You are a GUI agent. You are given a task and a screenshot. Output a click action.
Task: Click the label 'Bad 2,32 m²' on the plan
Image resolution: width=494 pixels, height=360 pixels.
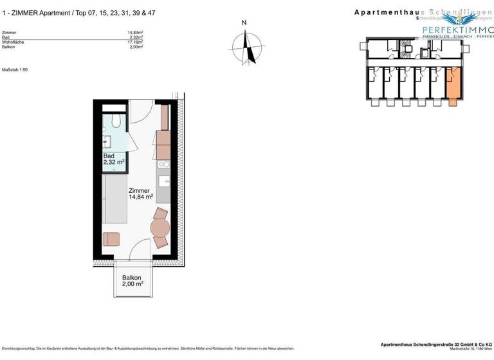pos(113,159)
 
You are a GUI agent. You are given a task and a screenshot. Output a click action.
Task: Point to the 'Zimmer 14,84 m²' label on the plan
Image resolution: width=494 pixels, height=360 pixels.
pos(140,194)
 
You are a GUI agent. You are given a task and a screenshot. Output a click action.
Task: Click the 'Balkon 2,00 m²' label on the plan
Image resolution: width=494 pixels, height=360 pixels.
pos(132,280)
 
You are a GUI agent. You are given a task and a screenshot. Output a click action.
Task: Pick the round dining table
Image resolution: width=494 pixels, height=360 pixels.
pos(160,228)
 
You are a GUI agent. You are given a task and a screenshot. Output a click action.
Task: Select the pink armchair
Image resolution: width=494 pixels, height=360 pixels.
pos(111,239)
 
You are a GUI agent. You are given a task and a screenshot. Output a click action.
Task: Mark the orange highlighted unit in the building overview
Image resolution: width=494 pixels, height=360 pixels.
pos(453,84)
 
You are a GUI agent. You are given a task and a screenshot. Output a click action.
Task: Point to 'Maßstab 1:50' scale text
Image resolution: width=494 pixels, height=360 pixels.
pos(15,69)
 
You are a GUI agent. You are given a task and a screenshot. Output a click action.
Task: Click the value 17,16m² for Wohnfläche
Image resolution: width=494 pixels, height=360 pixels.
pos(135,42)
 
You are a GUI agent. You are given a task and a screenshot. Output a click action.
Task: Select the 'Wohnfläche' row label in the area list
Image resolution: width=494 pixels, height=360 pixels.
pos(14,42)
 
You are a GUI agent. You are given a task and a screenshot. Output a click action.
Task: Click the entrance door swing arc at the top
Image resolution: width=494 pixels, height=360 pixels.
pos(144,110)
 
